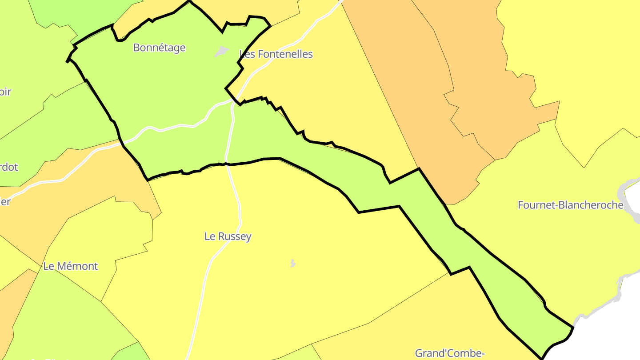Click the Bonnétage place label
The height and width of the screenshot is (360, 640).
(x=159, y=48)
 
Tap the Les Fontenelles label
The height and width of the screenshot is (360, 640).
(x=276, y=54)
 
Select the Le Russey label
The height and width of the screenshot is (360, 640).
(x=228, y=236)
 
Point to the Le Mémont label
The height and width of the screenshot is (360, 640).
(x=70, y=266)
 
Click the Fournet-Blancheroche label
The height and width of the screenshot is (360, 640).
(x=570, y=205)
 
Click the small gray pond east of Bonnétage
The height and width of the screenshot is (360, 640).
(x=222, y=52)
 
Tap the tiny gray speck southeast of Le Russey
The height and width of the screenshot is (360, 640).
(x=292, y=264)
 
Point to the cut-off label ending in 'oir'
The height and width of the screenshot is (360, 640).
(x=5, y=92)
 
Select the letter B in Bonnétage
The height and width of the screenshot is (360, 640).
(x=136, y=48)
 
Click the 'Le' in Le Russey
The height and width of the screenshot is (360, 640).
(x=209, y=236)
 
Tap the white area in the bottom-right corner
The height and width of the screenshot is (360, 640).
(x=613, y=338)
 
